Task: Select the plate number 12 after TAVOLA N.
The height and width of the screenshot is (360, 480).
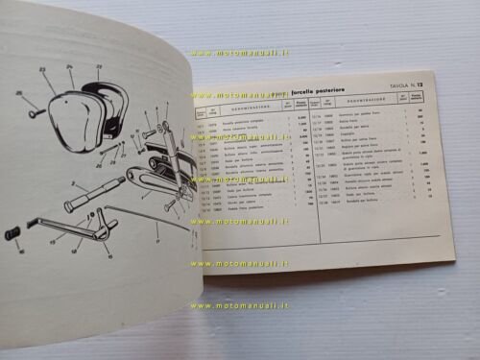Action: [420, 84]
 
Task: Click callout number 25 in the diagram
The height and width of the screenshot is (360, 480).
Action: [19, 93]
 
